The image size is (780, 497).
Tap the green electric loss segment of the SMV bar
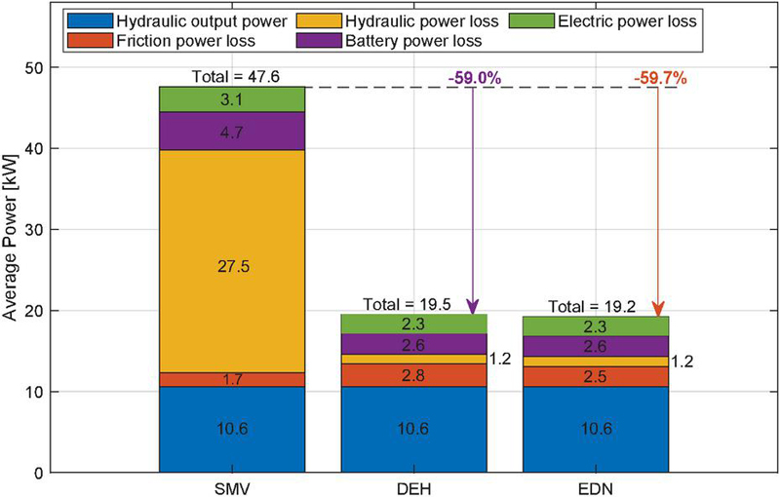click(232, 98)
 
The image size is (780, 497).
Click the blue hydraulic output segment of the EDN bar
click(595, 430)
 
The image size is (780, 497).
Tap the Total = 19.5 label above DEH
click(413, 303)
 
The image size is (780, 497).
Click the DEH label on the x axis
click(413, 488)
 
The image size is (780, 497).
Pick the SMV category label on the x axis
click(232, 488)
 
